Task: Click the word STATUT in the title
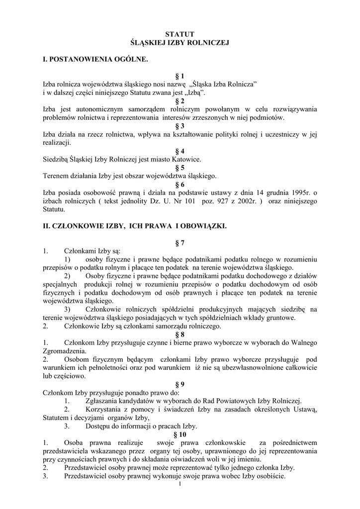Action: tap(180, 34)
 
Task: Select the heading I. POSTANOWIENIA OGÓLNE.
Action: tap(95, 60)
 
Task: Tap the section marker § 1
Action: tap(180, 76)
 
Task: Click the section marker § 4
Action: tap(180, 151)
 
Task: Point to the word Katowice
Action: tap(186, 159)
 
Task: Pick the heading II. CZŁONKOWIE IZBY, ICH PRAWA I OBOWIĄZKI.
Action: tap(134, 226)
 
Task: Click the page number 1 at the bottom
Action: tap(180, 485)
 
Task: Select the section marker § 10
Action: tap(180, 434)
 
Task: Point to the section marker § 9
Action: tap(180, 384)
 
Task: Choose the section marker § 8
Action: tap(180, 335)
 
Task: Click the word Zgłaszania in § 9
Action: tap(103, 401)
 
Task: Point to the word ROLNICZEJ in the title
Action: tap(206, 43)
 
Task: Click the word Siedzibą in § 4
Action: tap(57, 159)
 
